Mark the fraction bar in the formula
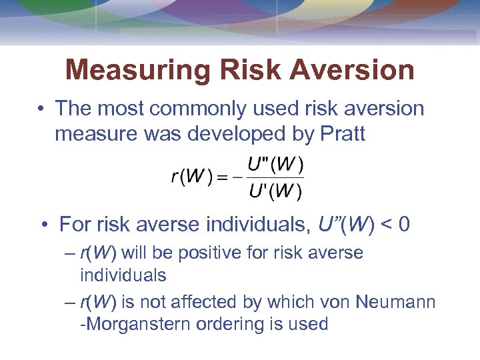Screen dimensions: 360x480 click(275, 177)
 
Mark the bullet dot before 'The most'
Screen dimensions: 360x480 click(41, 109)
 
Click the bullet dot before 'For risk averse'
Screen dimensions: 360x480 click(45, 225)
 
